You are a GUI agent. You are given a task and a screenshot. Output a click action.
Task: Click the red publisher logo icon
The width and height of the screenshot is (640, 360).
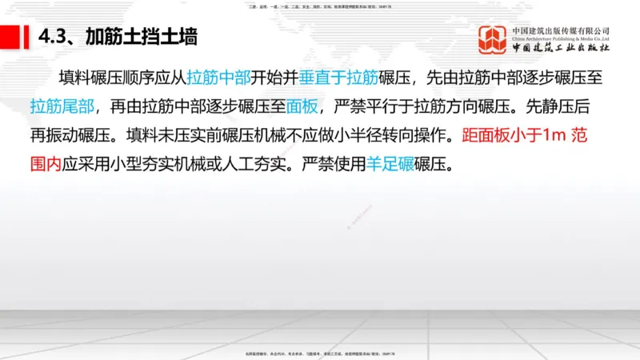click(493, 40)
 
